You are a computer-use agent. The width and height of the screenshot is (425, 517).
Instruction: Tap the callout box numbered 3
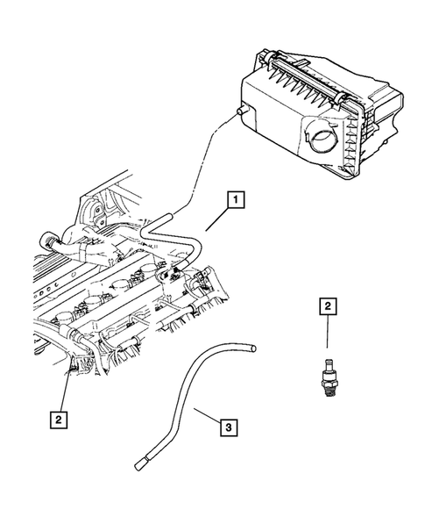pyautogui.click(x=226, y=427)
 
